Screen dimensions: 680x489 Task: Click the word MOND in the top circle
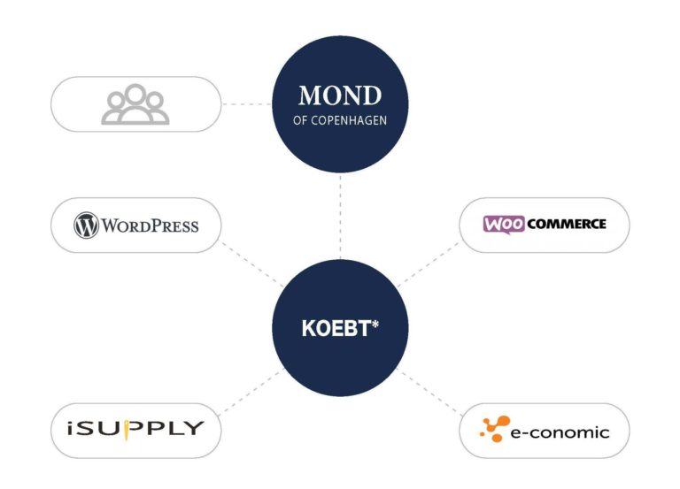click(340, 96)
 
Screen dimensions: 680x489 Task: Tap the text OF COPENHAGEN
click(340, 120)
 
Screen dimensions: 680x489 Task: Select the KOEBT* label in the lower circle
click(340, 328)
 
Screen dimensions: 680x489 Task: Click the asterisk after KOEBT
click(375, 324)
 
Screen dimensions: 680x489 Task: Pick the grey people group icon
click(135, 104)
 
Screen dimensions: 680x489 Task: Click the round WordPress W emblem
click(86, 225)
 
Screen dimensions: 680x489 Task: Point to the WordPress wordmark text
click(150, 225)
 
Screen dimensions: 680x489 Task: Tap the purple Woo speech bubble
click(504, 225)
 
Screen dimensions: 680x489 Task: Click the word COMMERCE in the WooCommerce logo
click(567, 224)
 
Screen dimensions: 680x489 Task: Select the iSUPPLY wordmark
click(135, 429)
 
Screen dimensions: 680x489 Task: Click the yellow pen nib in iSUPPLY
click(127, 430)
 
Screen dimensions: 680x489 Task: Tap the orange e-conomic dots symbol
click(495, 429)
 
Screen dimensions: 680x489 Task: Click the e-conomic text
click(560, 432)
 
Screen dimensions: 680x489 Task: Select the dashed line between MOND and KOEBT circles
click(340, 217)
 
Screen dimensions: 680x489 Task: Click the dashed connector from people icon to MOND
click(247, 104)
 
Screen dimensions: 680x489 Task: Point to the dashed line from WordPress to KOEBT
click(252, 264)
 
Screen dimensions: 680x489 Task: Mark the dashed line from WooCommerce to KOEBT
click(429, 264)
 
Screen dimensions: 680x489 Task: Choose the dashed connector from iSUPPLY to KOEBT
click(251, 392)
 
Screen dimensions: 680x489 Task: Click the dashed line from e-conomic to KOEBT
click(429, 392)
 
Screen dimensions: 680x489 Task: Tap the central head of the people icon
click(135, 94)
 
